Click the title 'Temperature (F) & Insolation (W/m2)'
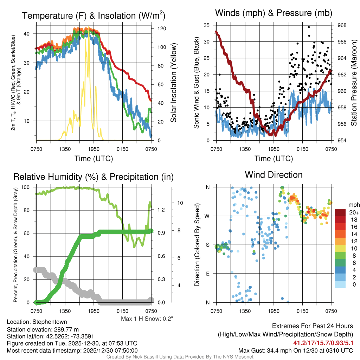(x=94, y=15)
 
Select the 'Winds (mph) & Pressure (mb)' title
(x=274, y=13)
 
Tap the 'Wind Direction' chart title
(x=274, y=175)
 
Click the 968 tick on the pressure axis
(x=342, y=25)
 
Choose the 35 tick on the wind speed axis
(x=207, y=25)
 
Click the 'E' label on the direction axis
(x=207, y=274)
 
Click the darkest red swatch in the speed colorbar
(x=341, y=212)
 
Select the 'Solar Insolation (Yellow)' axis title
(x=173, y=83)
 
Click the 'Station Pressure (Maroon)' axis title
(x=354, y=83)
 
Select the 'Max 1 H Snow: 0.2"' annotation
(x=147, y=319)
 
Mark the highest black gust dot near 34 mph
(x=309, y=27)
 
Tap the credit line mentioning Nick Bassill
(x=180, y=357)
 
